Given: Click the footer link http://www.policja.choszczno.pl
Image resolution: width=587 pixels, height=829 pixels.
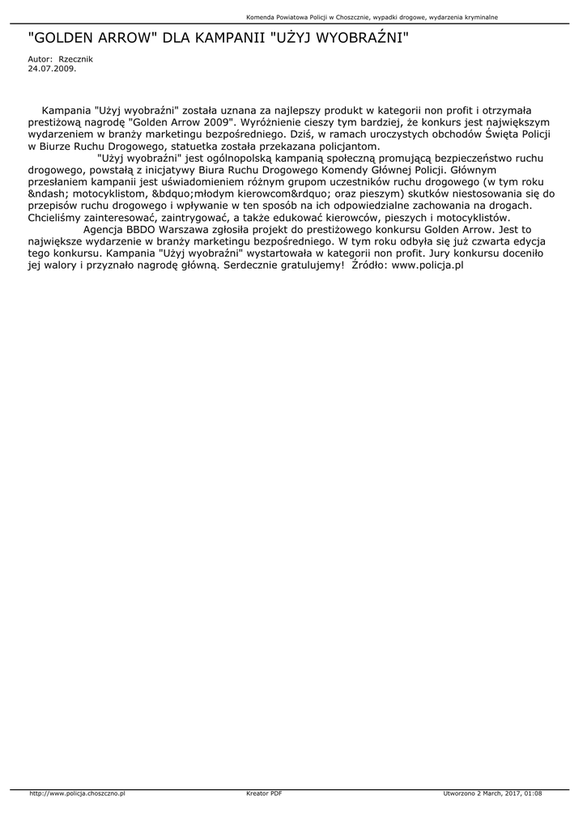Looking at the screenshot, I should pos(77,793).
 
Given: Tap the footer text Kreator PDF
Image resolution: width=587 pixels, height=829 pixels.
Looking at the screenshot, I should pos(264,793).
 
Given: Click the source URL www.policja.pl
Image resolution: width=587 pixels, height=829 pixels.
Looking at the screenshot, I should pos(427,265).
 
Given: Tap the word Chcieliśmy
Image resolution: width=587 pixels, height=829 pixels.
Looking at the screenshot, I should pos(58,218).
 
